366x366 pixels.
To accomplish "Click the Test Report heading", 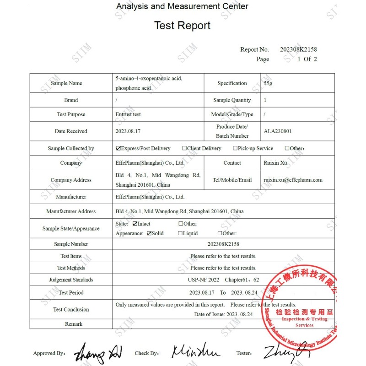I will pyautogui.click(x=182, y=26).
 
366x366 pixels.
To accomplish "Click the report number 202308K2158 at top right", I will pyautogui.click(x=298, y=49).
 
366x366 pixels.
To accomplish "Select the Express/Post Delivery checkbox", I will pyautogui.click(x=118, y=148).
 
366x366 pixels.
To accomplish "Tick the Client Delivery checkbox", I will pyautogui.click(x=184, y=148).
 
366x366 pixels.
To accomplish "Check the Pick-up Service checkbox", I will pyautogui.click(x=235, y=148).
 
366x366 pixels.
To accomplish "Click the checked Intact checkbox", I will pyautogui.click(x=135, y=224).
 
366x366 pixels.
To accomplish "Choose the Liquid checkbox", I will pyautogui.click(x=180, y=233).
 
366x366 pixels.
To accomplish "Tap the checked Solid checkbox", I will pyautogui.click(x=149, y=233).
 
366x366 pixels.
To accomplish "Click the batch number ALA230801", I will pyautogui.click(x=277, y=131).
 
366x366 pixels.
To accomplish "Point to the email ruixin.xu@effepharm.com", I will pyautogui.click(x=293, y=180).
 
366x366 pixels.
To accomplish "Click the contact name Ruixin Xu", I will pyautogui.click(x=276, y=163).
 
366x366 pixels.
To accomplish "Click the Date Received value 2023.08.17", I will pyautogui.click(x=128, y=131).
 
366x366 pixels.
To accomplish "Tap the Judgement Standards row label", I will pyautogui.click(x=71, y=280).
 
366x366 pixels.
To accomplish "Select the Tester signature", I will pyautogui.click(x=286, y=352).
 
